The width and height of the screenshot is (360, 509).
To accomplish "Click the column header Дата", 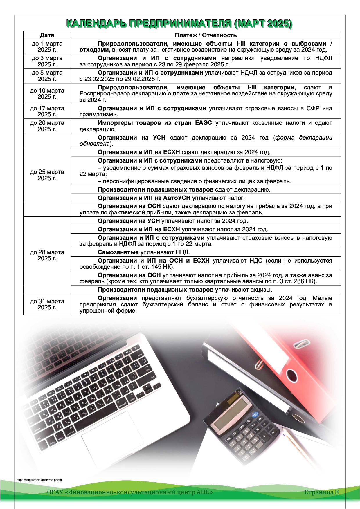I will click(47, 35).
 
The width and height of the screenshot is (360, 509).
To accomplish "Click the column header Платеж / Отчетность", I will click(206, 35).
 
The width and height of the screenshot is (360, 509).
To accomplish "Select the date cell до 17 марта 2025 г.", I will click(47, 111).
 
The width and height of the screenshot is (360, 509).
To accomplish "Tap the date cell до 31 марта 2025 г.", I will click(47, 304).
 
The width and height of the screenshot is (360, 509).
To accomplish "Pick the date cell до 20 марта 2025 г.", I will click(47, 126).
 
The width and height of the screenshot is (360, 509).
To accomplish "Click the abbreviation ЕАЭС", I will click(201, 123).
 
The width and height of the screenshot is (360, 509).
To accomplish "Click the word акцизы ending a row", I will click(262, 290).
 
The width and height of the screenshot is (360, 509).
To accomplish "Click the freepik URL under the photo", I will click(39, 480).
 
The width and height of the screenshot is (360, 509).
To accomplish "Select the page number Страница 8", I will click(321, 492).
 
